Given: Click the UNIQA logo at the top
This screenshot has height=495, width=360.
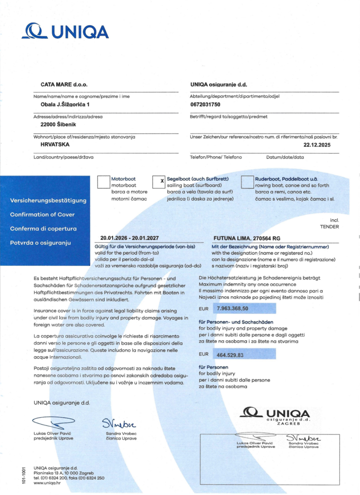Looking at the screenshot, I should [x=65, y=31].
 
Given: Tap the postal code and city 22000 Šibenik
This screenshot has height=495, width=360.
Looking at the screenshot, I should [x=58, y=124].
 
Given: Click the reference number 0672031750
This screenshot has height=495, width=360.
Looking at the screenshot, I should [x=205, y=104].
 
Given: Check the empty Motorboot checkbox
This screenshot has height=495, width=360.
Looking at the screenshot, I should [x=104, y=182].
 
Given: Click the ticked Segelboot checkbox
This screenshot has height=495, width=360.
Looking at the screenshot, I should [x=159, y=182].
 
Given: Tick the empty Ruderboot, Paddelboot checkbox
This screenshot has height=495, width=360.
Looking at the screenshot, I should [x=247, y=182].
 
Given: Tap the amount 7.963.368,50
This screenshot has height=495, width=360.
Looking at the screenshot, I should [x=233, y=308].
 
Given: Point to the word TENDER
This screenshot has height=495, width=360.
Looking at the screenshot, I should [x=330, y=226].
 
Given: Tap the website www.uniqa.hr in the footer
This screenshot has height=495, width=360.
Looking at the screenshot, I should [x=47, y=482].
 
